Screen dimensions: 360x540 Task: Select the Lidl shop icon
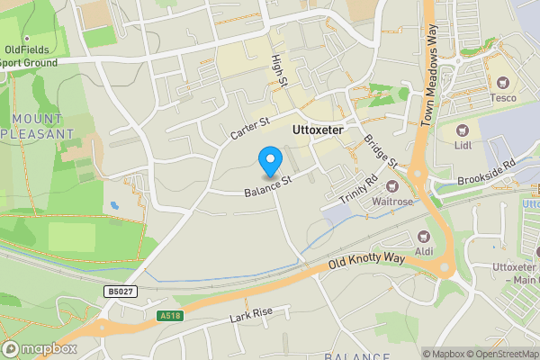[x=463, y=131]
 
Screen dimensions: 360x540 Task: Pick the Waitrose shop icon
[x=392, y=185]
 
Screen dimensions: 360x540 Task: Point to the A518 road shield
[x=170, y=316]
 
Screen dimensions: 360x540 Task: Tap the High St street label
[x=278, y=70]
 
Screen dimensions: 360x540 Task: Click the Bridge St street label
[x=381, y=151]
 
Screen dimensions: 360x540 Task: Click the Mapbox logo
[x=40, y=348]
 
